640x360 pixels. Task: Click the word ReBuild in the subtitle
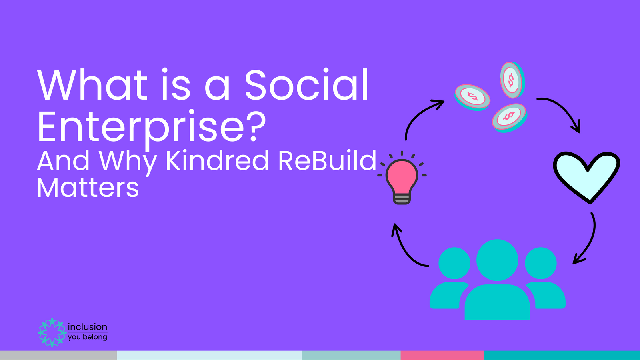[x=327, y=161]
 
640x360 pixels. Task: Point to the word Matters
[x=88, y=188]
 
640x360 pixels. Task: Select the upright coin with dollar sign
[x=511, y=80]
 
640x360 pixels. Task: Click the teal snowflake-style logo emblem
[x=52, y=332]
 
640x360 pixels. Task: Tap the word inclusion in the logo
[x=87, y=327]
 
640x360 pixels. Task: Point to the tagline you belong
[x=87, y=337]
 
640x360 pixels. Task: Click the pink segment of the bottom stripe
[x=442, y=355]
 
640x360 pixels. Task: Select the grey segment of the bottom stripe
[x=58, y=355]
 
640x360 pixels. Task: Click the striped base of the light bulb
[x=402, y=198]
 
